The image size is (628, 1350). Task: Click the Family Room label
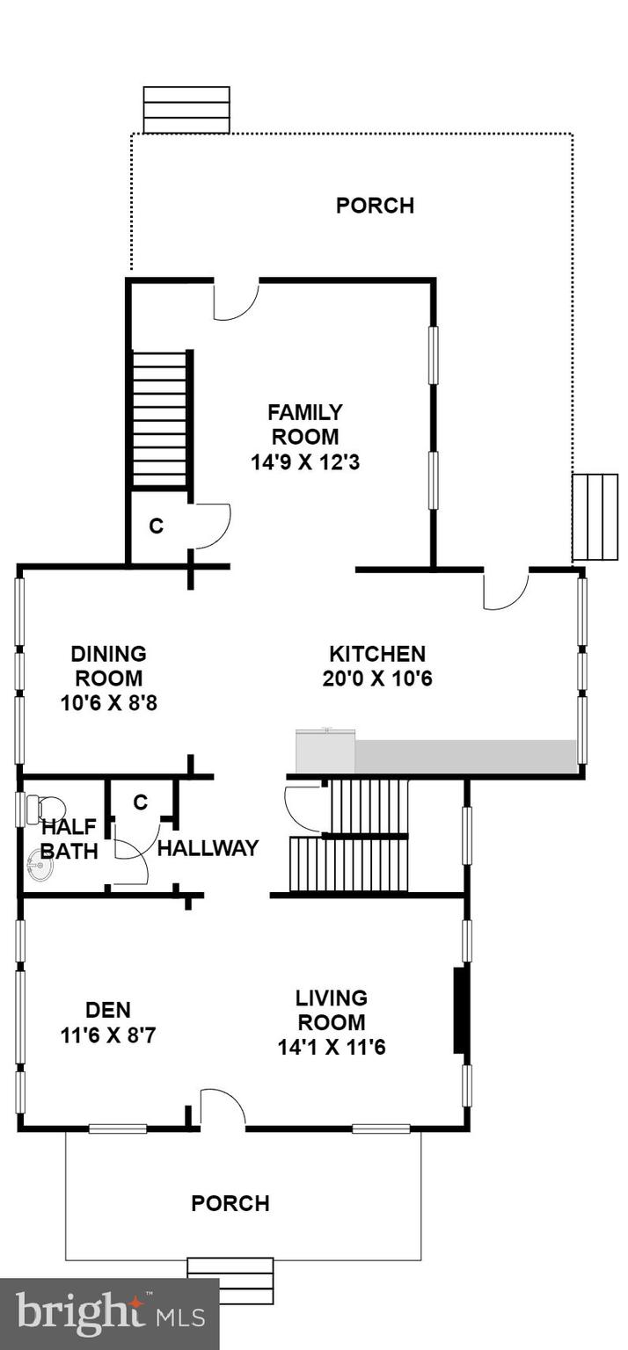304,424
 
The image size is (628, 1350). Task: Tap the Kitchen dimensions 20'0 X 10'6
377,679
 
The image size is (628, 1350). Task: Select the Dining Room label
108,665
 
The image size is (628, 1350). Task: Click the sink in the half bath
40,868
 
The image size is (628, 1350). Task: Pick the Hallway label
208,848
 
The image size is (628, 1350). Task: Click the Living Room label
331,1010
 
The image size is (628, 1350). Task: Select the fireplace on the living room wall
458,1010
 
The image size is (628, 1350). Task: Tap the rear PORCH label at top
375,206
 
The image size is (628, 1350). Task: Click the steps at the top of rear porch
186,110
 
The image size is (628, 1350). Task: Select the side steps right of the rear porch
595,517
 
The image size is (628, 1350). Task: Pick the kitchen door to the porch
505,590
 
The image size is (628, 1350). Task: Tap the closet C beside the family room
156,526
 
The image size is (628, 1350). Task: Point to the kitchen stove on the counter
325,751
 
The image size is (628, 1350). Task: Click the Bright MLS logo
109,1314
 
